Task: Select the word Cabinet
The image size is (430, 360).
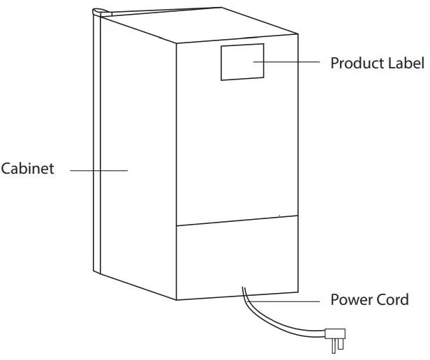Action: point(27,169)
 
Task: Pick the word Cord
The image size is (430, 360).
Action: point(392,301)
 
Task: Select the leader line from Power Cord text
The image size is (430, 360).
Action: point(286,301)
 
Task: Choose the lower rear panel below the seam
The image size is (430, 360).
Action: point(237,258)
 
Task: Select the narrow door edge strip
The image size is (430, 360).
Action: point(98,140)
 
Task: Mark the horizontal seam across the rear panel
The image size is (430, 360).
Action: point(237,222)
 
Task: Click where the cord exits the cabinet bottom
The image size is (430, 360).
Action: point(244,292)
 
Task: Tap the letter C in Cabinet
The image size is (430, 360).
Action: point(6,169)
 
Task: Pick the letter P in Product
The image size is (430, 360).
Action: point(334,63)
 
